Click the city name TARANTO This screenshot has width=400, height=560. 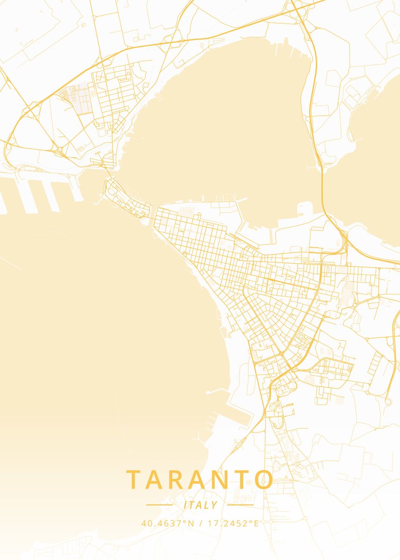(x=200, y=480)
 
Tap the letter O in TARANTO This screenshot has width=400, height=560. (x=264, y=480)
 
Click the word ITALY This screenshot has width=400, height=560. (x=200, y=505)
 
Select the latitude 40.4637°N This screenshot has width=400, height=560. (x=168, y=523)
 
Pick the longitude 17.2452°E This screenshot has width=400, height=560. (x=232, y=523)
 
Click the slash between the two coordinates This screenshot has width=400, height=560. (x=200, y=523)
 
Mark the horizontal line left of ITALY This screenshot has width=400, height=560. (x=160, y=504)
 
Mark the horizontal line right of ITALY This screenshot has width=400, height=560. (x=240, y=504)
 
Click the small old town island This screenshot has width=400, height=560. (x=126, y=198)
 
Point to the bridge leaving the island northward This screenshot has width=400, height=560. (x=110, y=174)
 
